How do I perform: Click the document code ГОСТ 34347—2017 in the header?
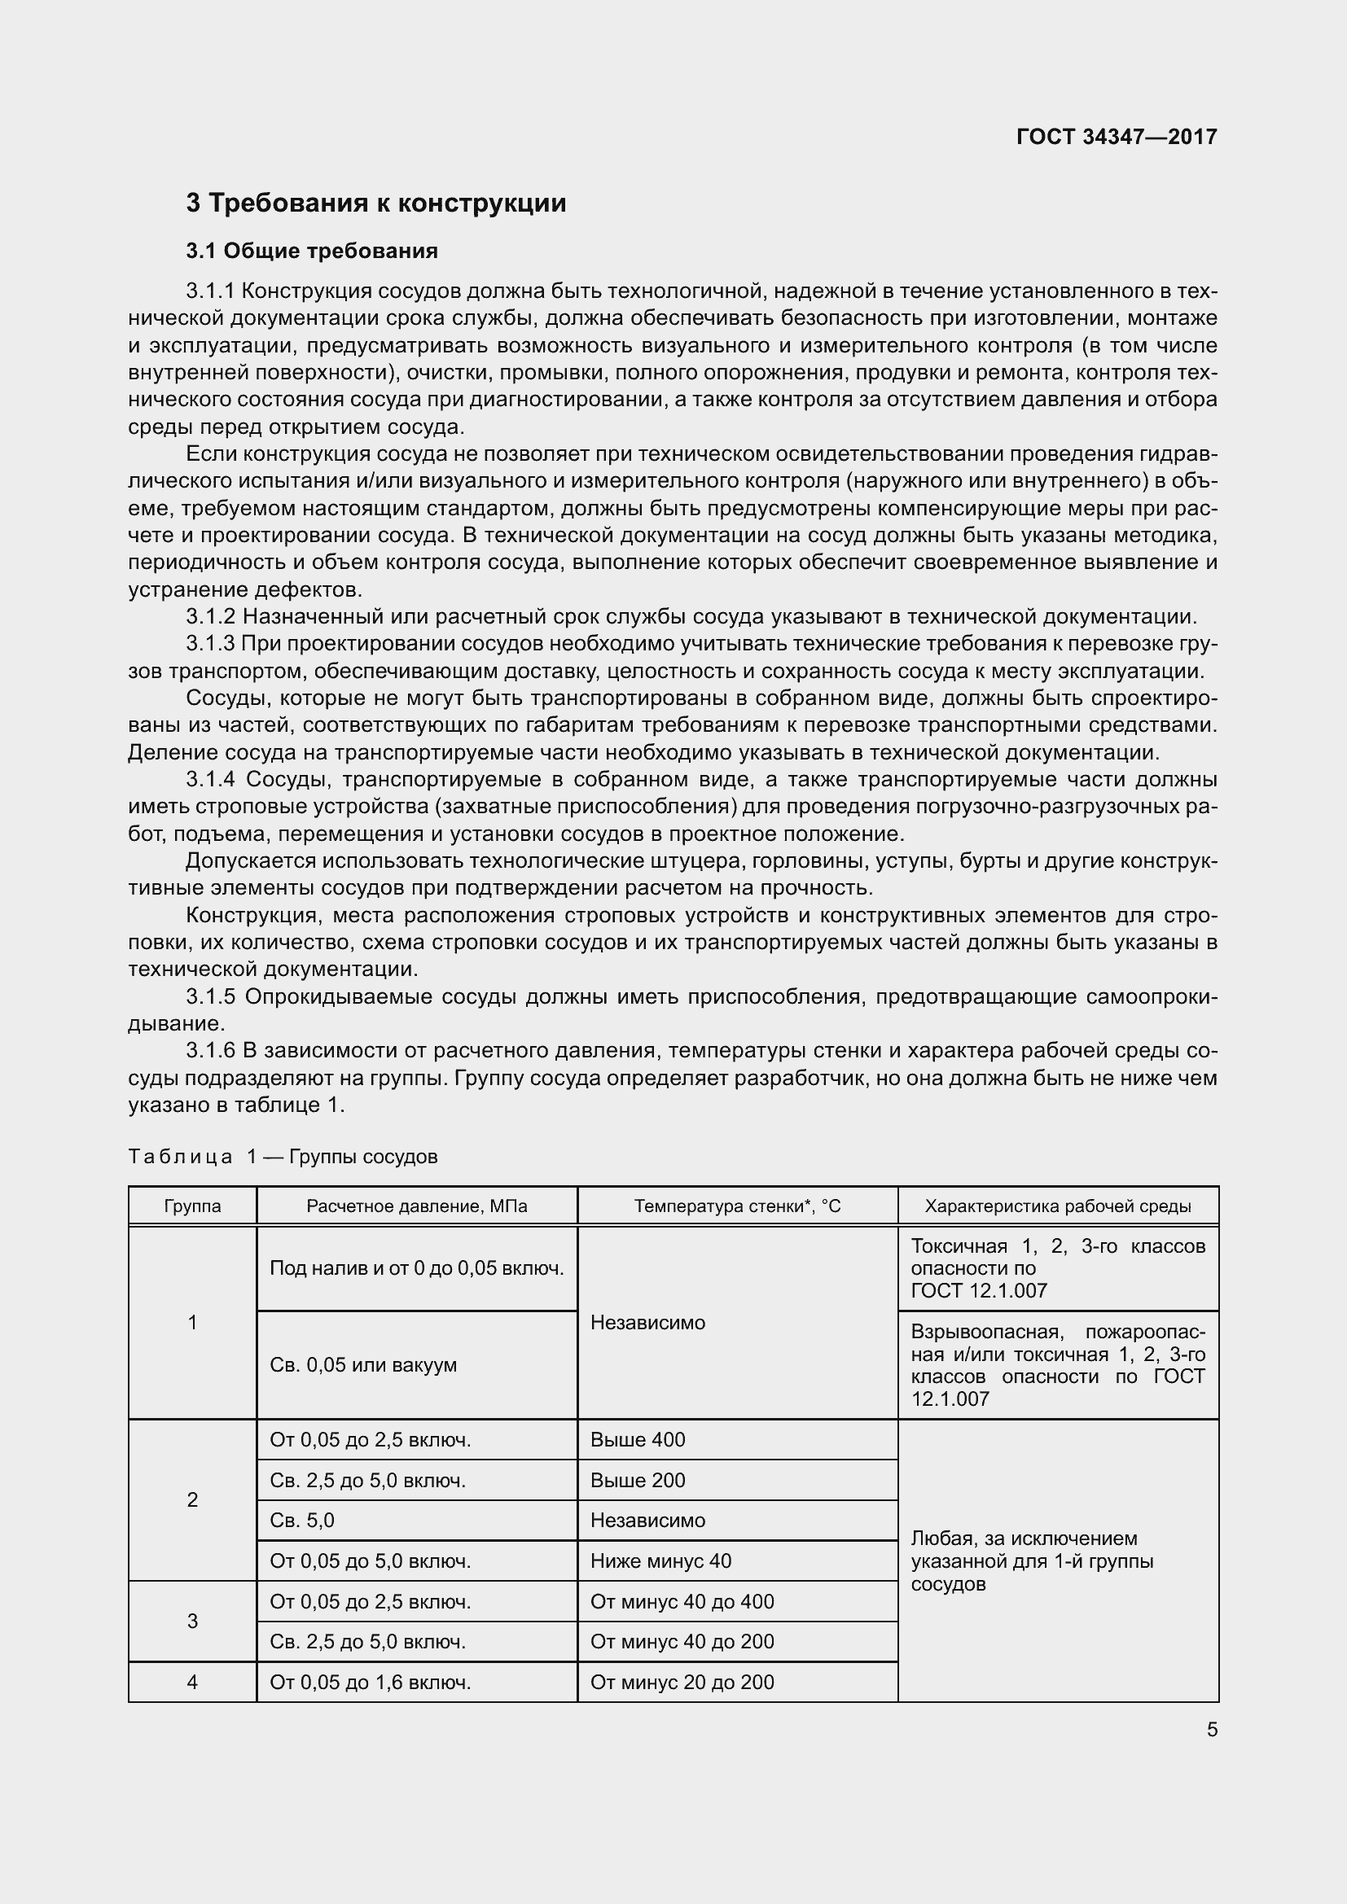click(x=1117, y=137)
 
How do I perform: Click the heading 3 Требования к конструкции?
click(x=375, y=203)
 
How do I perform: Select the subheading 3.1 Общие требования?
click(x=311, y=251)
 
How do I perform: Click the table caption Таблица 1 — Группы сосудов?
click(x=282, y=1156)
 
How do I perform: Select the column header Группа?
click(x=192, y=1206)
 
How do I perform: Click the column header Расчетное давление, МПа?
click(x=416, y=1206)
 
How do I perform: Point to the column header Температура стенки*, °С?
click(x=737, y=1206)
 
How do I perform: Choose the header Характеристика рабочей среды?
click(x=1058, y=1206)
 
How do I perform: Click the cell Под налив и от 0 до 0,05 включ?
click(x=416, y=1268)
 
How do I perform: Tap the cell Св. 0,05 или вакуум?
click(x=363, y=1365)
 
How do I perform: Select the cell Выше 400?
click(x=638, y=1440)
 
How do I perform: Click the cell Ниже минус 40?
click(x=660, y=1560)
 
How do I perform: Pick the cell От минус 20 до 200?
click(x=682, y=1682)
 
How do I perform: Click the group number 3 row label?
click(x=192, y=1622)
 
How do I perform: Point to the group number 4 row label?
click(x=192, y=1682)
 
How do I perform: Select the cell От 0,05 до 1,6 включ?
click(x=370, y=1682)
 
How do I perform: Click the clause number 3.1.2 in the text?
click(x=212, y=616)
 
